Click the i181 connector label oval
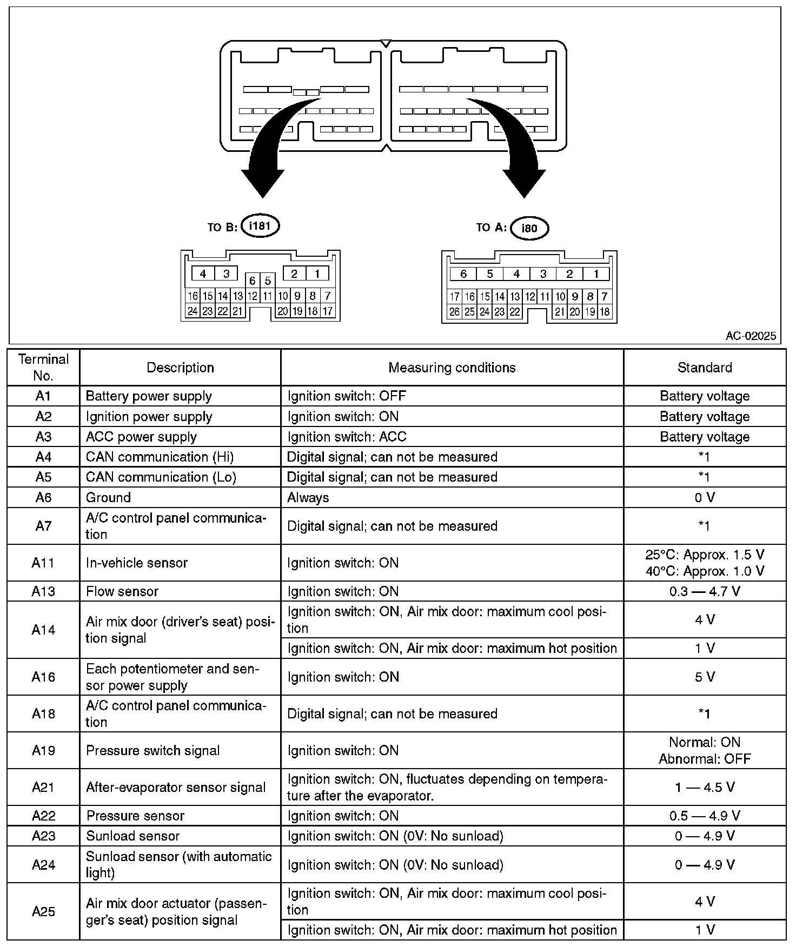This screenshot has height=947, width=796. point(260,226)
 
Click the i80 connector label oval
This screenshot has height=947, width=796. point(529,228)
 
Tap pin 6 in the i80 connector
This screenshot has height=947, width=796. point(463,274)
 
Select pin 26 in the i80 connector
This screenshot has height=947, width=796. point(455,312)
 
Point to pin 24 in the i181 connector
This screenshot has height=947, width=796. point(193,311)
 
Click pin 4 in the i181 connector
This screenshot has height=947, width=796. point(203,274)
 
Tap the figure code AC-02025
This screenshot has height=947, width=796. point(750,336)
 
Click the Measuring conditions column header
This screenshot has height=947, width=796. point(452,368)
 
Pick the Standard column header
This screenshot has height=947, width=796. point(704,368)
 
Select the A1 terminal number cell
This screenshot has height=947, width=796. point(43,396)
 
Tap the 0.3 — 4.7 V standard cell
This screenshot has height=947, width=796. point(704,591)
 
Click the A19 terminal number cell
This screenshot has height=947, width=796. point(43,750)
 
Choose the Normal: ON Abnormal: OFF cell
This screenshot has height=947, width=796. point(704,750)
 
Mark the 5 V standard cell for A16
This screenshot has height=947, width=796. point(704,677)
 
